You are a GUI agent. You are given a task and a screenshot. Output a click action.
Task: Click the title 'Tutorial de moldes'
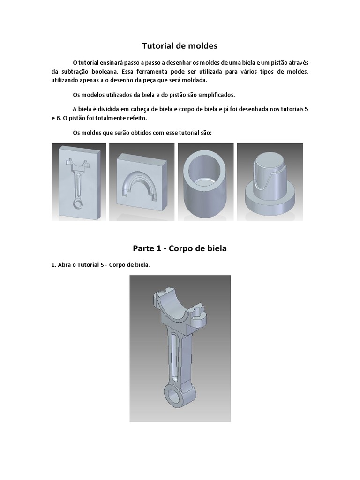[x=180, y=46]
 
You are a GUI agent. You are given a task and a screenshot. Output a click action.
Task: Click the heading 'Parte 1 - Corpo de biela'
[x=180, y=248]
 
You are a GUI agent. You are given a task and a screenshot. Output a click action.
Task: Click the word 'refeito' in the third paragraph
[x=137, y=118]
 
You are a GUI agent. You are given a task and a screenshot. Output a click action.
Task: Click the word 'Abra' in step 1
[x=64, y=265]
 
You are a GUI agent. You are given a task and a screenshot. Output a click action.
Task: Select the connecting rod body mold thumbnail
[x=79, y=182]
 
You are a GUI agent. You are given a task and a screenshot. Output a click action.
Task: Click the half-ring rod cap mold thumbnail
[x=142, y=182]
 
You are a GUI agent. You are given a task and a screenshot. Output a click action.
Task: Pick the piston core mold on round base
[x=270, y=182]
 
